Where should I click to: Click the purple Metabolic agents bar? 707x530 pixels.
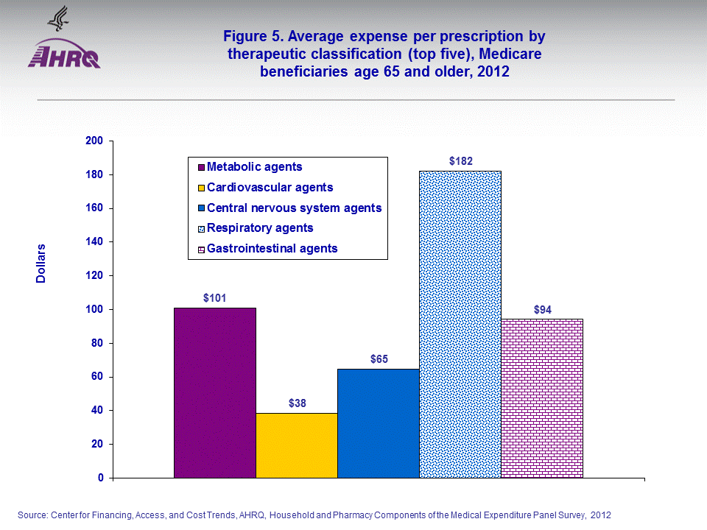coord(215,392)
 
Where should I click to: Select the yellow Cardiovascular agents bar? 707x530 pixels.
coord(297,445)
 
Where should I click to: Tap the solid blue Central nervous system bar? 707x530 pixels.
coord(379,423)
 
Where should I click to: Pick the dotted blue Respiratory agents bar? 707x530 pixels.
coord(460,324)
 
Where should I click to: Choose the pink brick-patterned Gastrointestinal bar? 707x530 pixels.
coord(542,398)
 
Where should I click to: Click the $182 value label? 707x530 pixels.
coord(461,160)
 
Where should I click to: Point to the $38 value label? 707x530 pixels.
coord(297,403)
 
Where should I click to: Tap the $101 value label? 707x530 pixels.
coord(215,298)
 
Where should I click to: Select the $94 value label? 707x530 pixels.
coord(542,309)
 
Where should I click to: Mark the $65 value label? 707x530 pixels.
coord(379,359)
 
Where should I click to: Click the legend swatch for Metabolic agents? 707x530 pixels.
coord(200,168)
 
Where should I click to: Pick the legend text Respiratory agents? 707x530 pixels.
coord(260,228)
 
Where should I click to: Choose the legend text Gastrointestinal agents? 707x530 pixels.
coord(272,248)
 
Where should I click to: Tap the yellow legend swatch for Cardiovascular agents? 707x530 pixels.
coord(200,188)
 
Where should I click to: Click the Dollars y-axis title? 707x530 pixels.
coord(41,264)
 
